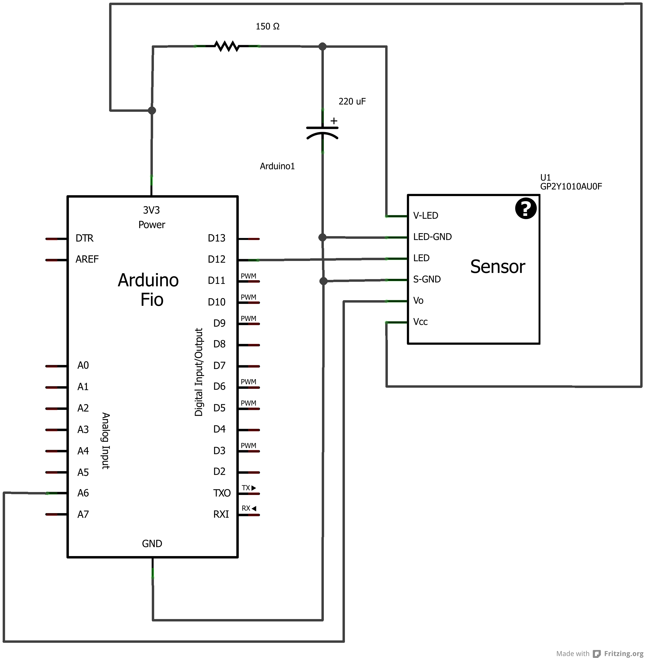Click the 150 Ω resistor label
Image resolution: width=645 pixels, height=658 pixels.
coord(267,26)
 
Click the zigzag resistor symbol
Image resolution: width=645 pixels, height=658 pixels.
coord(227,46)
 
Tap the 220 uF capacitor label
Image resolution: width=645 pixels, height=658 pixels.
coord(352,101)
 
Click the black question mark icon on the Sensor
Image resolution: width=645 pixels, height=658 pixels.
coord(525,208)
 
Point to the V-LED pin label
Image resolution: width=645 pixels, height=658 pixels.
coord(425,216)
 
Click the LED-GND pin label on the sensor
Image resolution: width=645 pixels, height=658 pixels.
coord(432,237)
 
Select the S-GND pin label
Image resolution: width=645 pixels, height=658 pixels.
coord(427,279)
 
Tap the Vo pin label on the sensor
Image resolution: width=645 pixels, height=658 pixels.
coord(418,300)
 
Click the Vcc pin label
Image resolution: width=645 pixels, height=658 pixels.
coord(420,322)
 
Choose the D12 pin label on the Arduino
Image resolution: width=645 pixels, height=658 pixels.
coord(217,259)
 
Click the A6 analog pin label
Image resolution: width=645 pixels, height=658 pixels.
coord(83,493)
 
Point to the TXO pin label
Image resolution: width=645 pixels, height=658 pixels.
coord(222,493)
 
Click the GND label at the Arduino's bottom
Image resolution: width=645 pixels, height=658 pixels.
coord(152,544)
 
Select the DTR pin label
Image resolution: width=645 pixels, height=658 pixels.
coord(84,238)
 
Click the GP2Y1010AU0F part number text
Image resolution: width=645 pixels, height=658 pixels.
coord(571,186)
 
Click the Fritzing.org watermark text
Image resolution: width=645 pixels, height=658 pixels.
coord(623,653)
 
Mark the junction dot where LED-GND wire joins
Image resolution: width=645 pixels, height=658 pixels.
coord(322,237)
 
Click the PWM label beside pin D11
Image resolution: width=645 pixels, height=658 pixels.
coord(248,276)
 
